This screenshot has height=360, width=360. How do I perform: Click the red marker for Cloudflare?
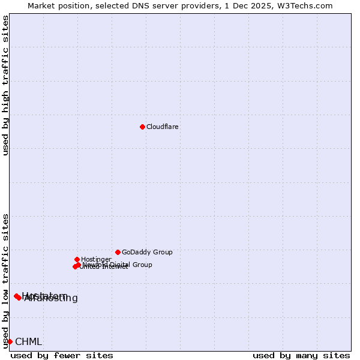142,127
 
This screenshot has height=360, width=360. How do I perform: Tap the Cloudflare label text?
163,127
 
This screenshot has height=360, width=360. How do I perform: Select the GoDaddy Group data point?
118,252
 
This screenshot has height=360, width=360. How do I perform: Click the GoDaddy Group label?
147,252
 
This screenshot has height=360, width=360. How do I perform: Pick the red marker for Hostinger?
77,259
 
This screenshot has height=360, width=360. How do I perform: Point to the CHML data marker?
10,341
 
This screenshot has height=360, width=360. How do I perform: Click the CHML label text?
28,341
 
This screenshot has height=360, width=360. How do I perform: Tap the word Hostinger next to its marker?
96,259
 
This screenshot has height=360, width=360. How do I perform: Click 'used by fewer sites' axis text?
62,355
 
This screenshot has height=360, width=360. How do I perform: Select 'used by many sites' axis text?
301,355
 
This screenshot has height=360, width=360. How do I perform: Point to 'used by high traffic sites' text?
6,85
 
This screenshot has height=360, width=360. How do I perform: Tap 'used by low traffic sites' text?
6,280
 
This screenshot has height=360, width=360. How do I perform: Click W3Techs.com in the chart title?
308,5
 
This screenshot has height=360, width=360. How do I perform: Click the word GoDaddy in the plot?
135,252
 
